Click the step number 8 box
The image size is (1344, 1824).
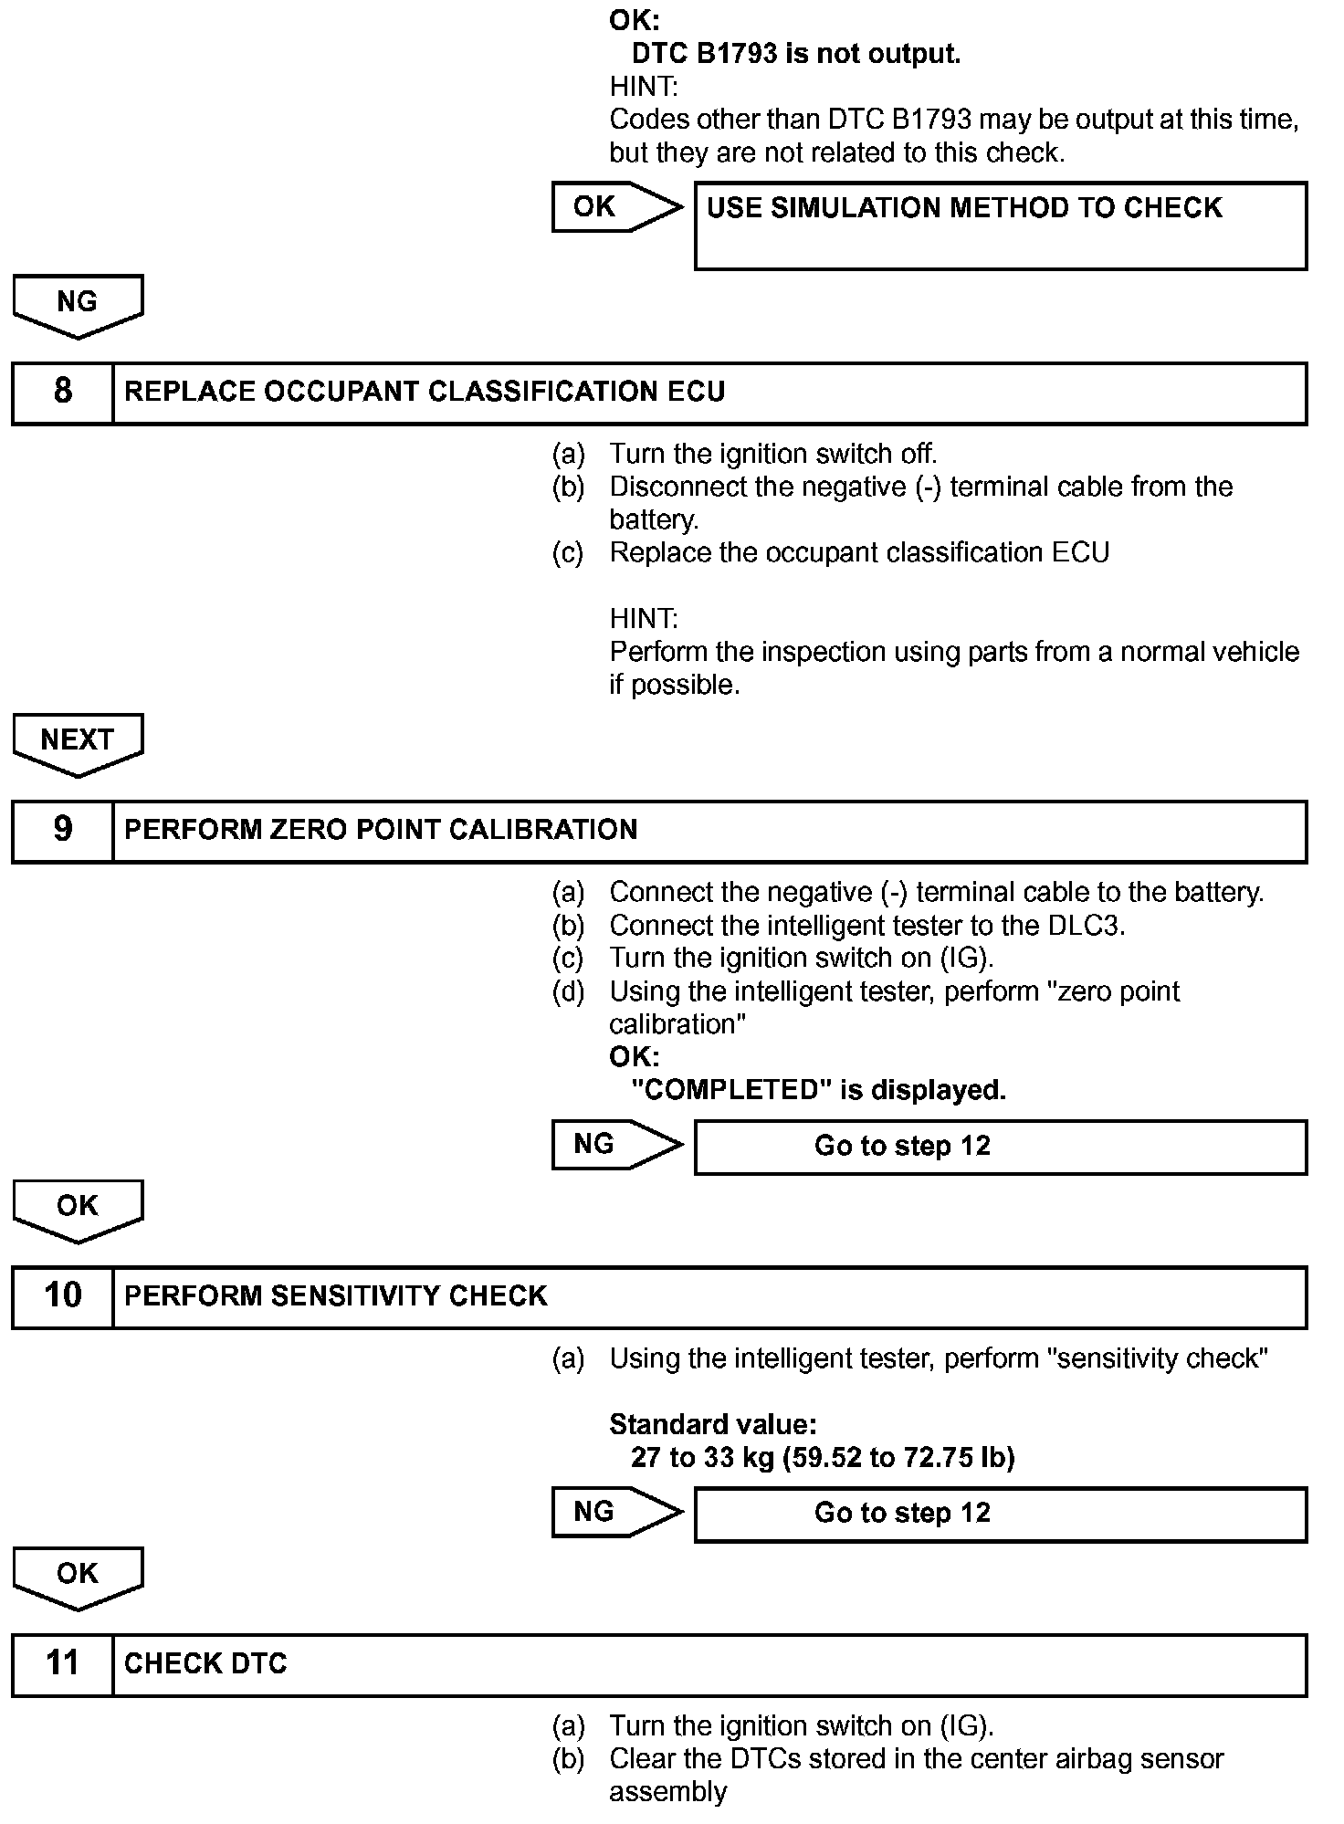62,393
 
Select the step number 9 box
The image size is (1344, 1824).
62,831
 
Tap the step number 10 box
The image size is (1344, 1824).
62,1296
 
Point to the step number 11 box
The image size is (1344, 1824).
62,1664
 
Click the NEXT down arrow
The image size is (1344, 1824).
78,743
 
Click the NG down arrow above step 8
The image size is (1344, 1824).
78,305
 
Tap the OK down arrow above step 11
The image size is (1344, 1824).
78,1577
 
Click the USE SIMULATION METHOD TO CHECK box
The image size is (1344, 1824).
1000,225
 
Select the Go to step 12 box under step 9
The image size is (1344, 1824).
1000,1147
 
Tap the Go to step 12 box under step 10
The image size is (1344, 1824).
1000,1514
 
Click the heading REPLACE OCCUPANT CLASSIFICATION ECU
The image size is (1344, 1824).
425,393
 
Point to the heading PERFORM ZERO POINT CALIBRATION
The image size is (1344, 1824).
381,831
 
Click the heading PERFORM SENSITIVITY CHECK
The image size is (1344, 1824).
335,1296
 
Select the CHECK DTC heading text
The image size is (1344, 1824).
205,1664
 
